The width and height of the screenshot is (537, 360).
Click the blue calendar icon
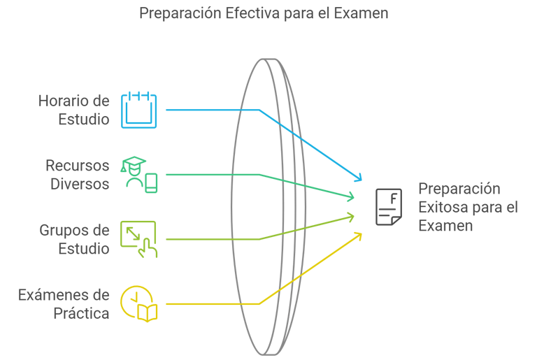139,110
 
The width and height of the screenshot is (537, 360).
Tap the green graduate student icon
139,174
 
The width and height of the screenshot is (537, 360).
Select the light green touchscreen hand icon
139,239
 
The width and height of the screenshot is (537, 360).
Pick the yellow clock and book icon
139,303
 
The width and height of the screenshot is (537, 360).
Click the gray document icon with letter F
389,206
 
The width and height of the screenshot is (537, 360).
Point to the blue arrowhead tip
362,180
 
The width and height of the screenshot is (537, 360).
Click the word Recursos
78,166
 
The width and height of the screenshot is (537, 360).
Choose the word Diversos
80,184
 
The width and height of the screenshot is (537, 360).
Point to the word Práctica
81,313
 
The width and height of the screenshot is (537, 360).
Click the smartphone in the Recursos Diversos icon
151,183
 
